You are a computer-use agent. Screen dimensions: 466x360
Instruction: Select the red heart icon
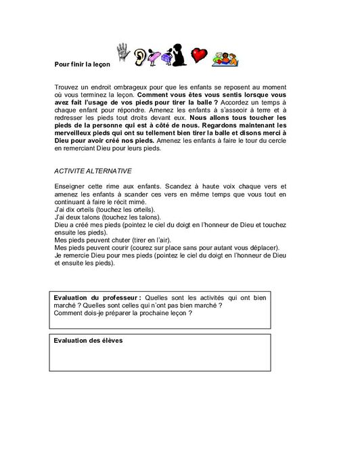pyautogui.click(x=198, y=56)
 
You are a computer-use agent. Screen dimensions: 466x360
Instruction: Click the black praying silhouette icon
pyautogui.click(x=178, y=56)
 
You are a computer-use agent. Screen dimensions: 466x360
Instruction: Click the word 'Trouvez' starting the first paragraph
pyautogui.click(x=66, y=89)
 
